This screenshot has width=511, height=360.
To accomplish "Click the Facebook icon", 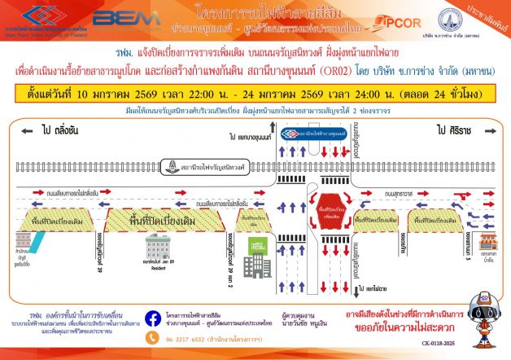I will pyautogui.click(x=151, y=318).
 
